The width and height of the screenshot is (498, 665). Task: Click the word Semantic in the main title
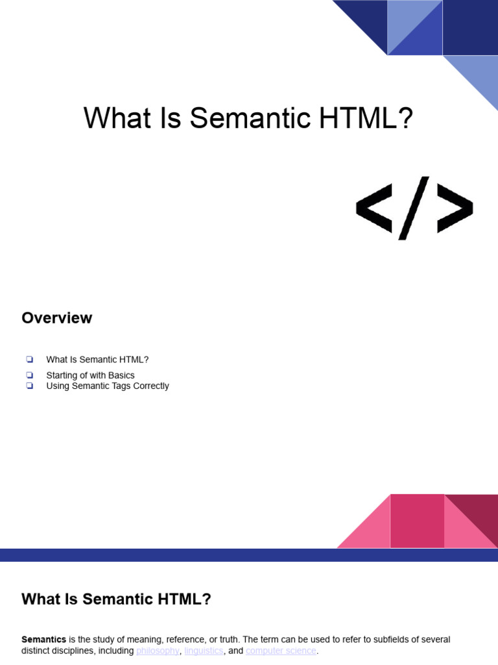[x=247, y=119]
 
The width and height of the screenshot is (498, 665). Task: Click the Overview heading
[x=56, y=318]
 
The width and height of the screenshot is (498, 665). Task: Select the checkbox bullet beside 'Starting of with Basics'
[x=29, y=375]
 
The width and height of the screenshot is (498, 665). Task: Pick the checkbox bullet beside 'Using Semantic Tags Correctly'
[x=29, y=386]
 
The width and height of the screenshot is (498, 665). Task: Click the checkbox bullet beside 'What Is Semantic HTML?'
[x=29, y=359]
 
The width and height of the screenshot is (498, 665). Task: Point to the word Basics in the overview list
[x=121, y=375]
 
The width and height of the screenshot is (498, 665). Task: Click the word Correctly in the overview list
[x=149, y=386]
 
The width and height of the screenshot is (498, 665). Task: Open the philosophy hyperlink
[x=158, y=651]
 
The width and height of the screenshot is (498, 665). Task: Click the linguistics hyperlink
[x=204, y=651]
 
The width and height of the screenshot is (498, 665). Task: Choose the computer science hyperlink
[x=281, y=651]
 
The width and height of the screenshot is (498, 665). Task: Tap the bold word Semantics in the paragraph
[x=43, y=640]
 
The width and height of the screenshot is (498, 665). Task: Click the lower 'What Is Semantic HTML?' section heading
[x=116, y=599]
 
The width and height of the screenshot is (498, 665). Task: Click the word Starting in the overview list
[x=63, y=375]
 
